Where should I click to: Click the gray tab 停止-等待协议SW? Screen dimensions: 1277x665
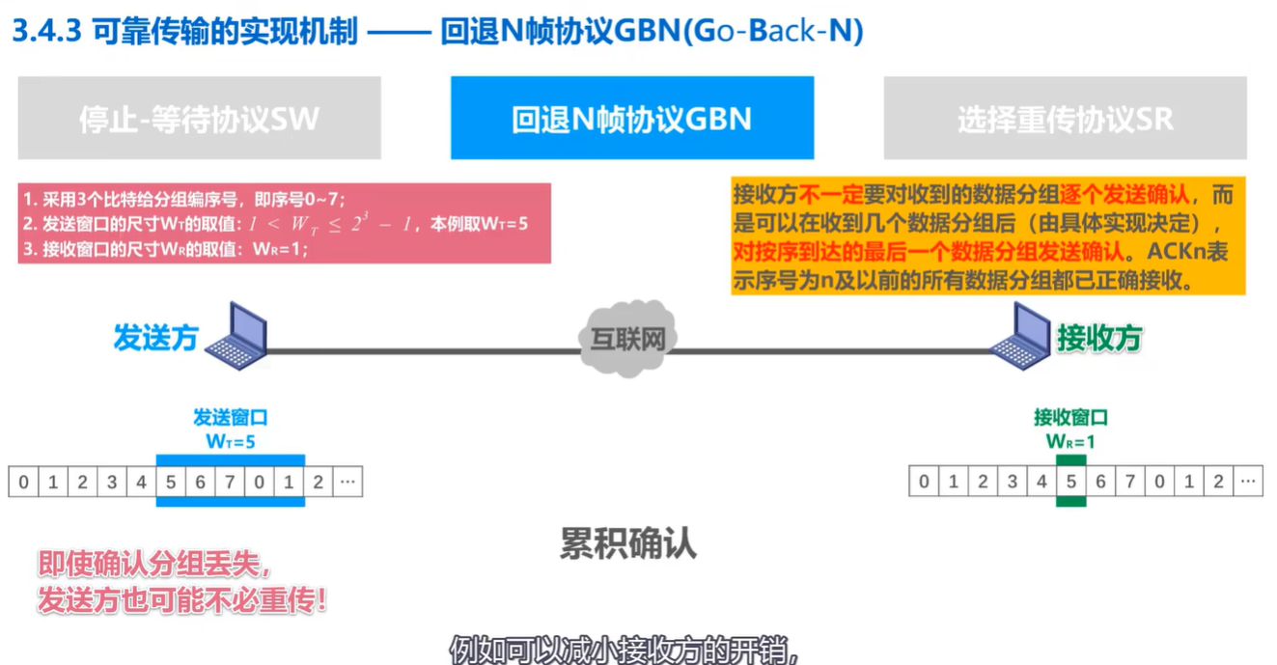coord(199,119)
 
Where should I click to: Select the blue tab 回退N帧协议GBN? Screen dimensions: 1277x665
coord(631,119)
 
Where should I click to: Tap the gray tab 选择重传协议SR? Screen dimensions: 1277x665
coord(1065,119)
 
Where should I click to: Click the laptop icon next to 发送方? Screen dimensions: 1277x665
coord(238,335)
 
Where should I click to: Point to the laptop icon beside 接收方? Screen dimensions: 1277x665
coord(1021,335)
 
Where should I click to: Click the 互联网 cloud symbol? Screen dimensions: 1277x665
coord(627,339)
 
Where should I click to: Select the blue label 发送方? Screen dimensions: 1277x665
coord(155,338)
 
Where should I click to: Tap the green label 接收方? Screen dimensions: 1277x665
coord(1099,338)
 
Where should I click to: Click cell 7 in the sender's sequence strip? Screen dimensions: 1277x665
coord(230,482)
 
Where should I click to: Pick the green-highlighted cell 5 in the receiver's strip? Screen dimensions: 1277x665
coord(1070,482)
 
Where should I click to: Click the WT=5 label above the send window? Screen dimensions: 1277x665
coord(231,442)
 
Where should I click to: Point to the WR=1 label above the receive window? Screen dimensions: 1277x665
coord(1070,442)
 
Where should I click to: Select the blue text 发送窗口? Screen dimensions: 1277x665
coord(231,418)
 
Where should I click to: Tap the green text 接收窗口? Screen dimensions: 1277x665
coord(1070,418)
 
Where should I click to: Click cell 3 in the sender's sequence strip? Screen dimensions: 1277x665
coord(112,482)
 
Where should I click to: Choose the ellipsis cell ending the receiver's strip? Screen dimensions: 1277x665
coord(1248,482)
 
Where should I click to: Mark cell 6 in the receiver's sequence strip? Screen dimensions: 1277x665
coord(1100,482)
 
